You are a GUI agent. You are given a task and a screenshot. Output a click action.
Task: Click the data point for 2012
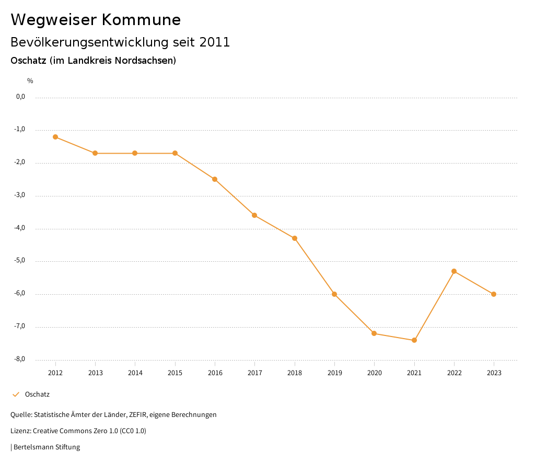coord(55,137)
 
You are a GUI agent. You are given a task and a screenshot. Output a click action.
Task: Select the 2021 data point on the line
coord(414,340)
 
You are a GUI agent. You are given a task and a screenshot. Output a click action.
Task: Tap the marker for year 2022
coord(454,271)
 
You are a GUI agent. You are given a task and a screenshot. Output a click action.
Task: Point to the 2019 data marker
coord(334,294)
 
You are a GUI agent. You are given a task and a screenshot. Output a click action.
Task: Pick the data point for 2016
coord(215,179)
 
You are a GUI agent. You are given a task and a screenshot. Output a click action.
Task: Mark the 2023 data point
coord(494,294)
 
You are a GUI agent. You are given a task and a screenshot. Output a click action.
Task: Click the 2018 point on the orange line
coord(295,238)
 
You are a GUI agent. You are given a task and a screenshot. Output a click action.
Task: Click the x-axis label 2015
coord(175,373)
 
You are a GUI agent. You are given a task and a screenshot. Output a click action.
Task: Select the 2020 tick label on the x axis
coord(374,373)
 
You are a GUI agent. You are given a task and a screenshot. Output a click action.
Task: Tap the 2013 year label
coord(95,373)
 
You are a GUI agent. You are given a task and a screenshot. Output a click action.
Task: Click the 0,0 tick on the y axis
coord(21,97)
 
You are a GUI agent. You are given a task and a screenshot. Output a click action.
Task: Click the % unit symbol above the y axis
coord(30,81)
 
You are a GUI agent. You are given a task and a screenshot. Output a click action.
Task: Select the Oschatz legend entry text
coord(37,395)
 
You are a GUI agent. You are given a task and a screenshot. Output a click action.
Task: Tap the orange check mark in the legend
coord(16,395)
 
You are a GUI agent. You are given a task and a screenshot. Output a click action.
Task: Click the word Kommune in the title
coord(141,20)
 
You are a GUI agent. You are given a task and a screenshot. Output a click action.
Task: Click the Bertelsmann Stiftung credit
coord(46,447)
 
